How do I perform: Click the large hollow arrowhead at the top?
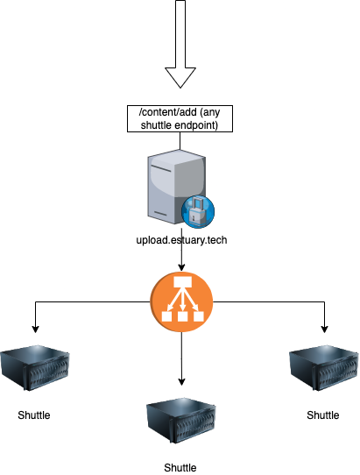(x=180, y=76)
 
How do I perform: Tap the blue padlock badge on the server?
(x=196, y=212)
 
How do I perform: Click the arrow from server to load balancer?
(x=181, y=259)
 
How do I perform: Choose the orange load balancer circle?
(x=181, y=303)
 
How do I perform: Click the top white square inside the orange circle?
(x=181, y=291)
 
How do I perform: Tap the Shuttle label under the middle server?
(x=180, y=467)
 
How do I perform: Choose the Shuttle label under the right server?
(x=322, y=415)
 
